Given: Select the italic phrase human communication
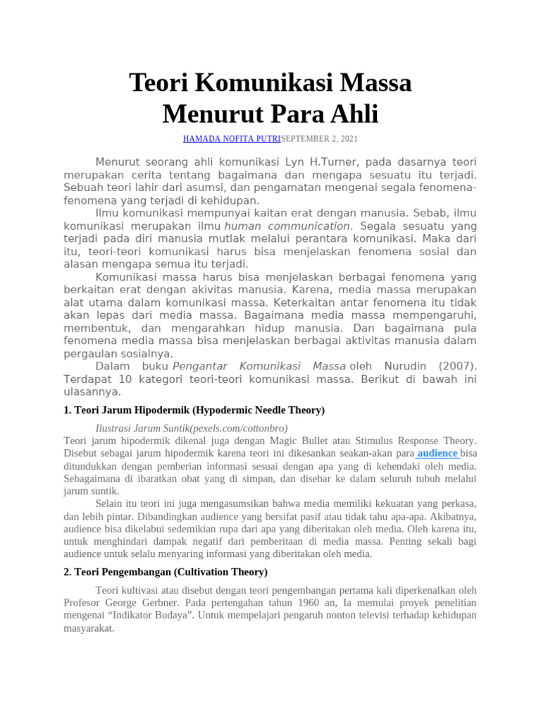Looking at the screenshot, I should (287, 226).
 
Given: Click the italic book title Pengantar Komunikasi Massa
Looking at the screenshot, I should (259, 366).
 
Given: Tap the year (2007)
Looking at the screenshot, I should (457, 366).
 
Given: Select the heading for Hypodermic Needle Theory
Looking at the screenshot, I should (194, 410).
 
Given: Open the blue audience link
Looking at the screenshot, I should (437, 453).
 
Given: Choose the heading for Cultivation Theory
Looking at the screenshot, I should (166, 572).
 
